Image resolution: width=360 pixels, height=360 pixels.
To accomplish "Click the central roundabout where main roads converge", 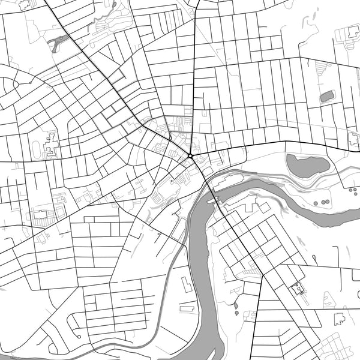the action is [190, 156].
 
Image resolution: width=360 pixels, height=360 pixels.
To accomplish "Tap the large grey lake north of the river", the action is [307, 166].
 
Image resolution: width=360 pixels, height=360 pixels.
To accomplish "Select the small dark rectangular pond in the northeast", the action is [327, 96].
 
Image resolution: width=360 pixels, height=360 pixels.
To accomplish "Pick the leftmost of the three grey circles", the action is [316, 203].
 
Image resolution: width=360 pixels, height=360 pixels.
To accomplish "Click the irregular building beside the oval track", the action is [50, 144].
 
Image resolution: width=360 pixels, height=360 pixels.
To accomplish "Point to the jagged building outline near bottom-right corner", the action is [340, 319].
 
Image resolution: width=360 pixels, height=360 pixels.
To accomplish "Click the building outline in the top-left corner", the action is [25, 5].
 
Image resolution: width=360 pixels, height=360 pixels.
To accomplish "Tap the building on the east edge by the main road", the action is [354, 142].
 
